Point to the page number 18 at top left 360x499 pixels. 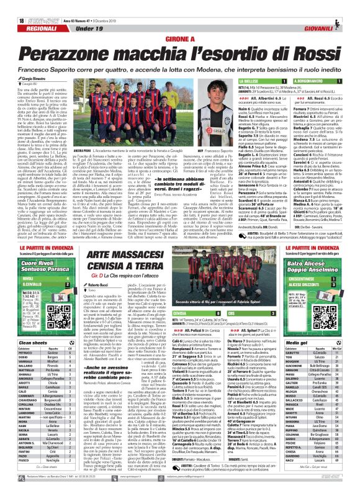pyautogui.click(x=6, y=6)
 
